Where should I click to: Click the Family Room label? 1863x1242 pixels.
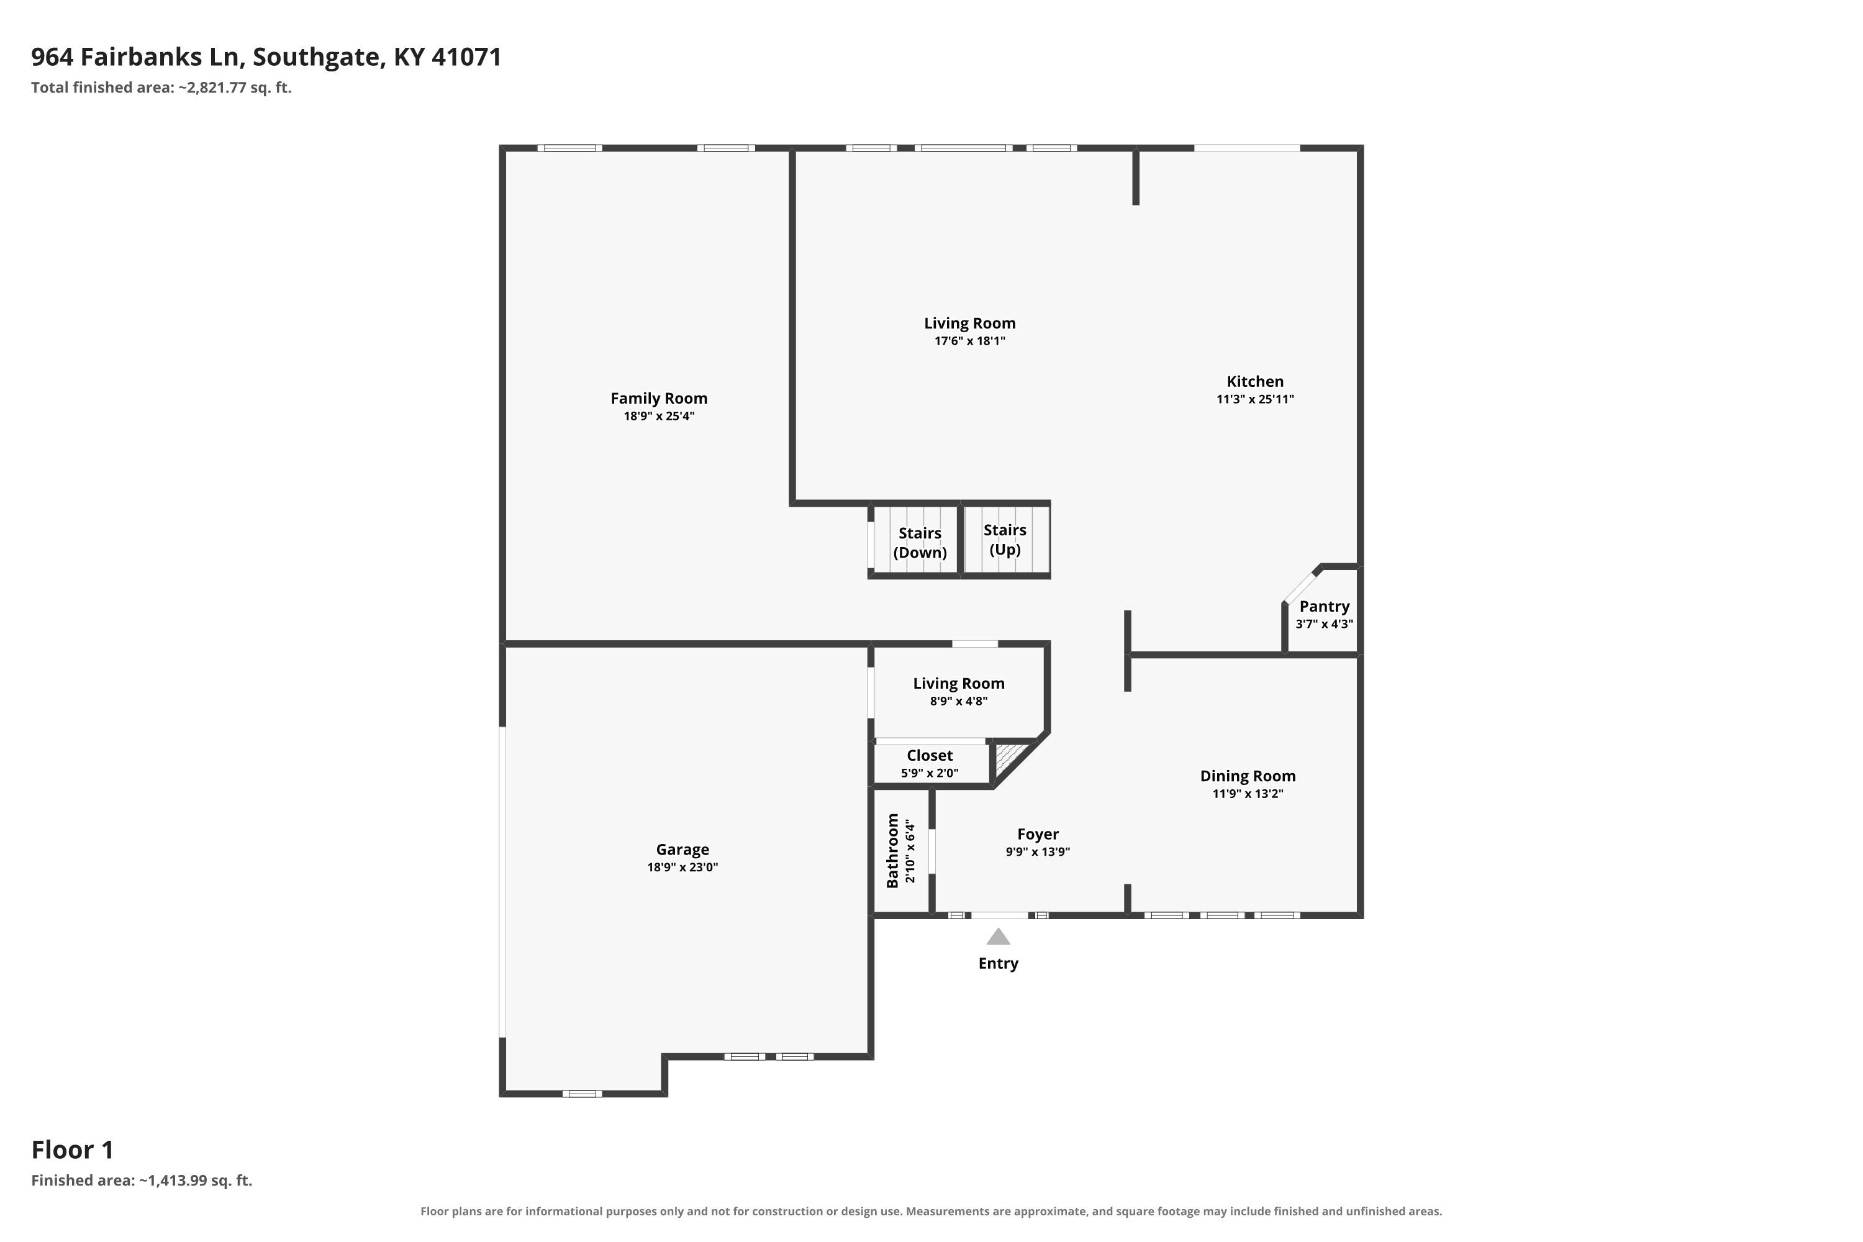[658, 399]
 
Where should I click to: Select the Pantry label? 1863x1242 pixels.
[1325, 606]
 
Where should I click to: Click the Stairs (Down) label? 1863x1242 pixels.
[920, 543]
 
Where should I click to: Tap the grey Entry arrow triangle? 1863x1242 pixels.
[998, 937]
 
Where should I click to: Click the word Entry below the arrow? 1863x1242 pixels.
[998, 963]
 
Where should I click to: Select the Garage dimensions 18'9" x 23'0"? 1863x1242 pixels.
[682, 868]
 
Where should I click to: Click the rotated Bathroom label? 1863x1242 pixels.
[893, 850]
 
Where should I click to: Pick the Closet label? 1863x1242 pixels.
[929, 756]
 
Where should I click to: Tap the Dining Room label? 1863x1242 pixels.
[1248, 776]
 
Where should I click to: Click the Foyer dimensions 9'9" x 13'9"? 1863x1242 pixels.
[1038, 852]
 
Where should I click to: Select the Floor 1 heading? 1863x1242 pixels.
[72, 1149]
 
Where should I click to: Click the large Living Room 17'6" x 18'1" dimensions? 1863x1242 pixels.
[969, 342]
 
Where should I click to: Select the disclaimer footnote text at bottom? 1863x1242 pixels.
[931, 1211]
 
